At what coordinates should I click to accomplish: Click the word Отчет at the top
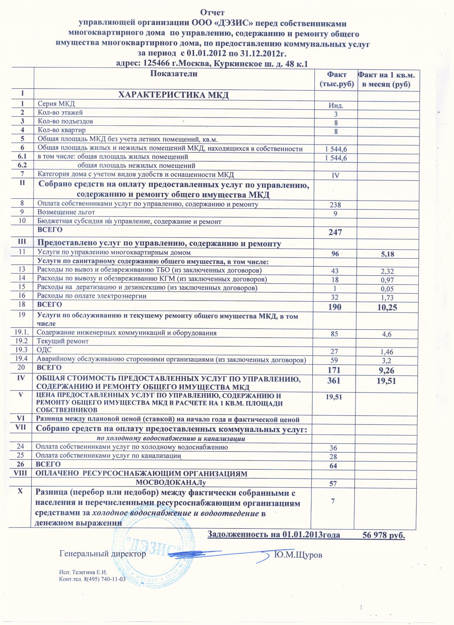click(212, 13)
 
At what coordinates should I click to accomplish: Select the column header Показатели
click(174, 74)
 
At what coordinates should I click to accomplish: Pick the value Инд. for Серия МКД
click(335, 105)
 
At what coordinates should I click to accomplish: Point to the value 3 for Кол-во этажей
click(335, 114)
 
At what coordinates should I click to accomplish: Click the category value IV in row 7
click(335, 175)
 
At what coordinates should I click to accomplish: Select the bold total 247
click(335, 233)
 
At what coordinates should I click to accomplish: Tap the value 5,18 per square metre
click(387, 254)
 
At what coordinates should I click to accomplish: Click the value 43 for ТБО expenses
click(335, 271)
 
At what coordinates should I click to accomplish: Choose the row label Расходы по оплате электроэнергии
click(92, 296)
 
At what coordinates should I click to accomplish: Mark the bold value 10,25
click(386, 307)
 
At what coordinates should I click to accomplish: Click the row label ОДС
click(42, 350)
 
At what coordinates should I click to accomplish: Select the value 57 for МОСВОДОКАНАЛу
click(334, 483)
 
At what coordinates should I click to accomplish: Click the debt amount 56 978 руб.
click(383, 535)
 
